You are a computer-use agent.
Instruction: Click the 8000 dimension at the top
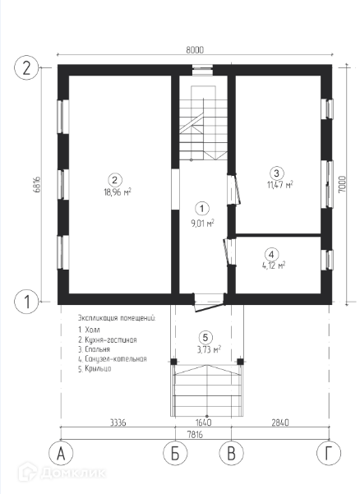click(195, 50)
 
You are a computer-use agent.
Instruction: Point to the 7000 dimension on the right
click(342, 184)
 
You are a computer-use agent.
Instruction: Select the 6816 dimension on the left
click(36, 185)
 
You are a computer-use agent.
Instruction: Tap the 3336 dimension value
click(118, 422)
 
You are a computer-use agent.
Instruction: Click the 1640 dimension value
click(203, 422)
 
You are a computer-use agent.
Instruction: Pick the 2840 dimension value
click(280, 422)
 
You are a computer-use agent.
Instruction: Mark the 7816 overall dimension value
click(195, 435)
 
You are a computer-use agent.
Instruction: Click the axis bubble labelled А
click(61, 454)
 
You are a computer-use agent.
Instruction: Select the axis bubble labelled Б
click(175, 454)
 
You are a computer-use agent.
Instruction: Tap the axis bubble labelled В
click(232, 454)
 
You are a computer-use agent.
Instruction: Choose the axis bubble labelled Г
click(329, 454)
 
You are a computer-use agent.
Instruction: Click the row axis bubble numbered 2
click(27, 68)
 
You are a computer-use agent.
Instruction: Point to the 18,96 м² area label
click(118, 192)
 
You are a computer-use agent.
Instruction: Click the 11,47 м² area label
click(280, 184)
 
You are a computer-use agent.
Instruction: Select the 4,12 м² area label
click(274, 265)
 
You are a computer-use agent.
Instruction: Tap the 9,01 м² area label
click(202, 224)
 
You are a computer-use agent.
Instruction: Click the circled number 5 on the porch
click(205, 338)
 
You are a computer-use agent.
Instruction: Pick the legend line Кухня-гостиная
click(108, 340)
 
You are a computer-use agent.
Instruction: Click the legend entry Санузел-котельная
click(113, 359)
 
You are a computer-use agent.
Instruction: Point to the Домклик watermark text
click(73, 473)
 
